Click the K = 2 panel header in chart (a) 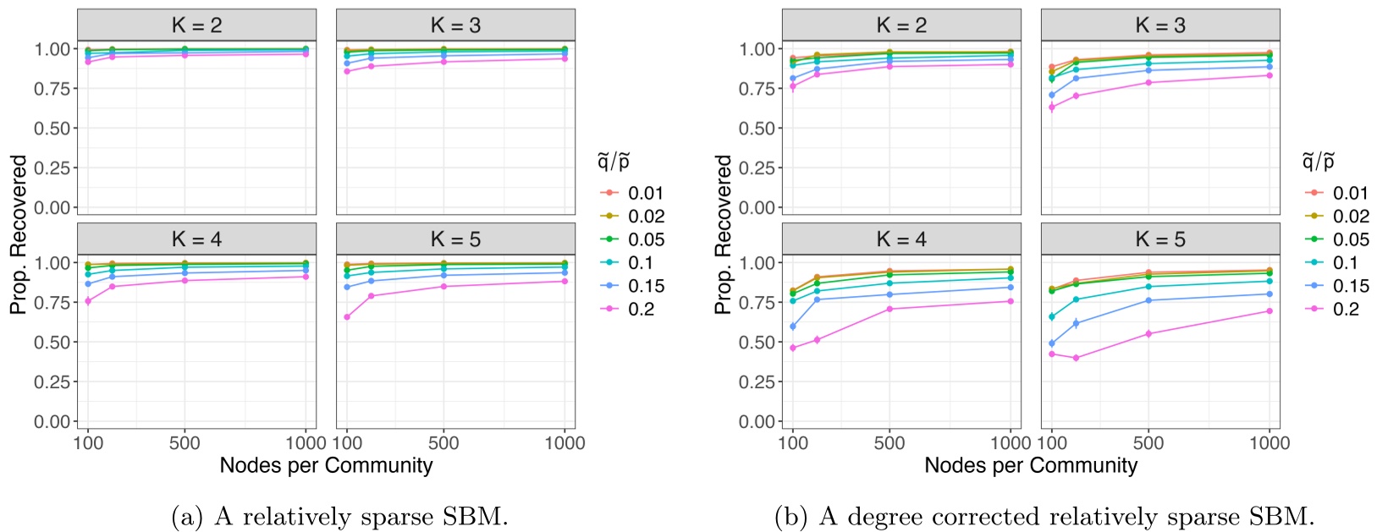coord(196,25)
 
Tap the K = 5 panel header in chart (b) coord(1159,239)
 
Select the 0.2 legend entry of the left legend coord(641,310)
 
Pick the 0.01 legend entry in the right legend coord(1351,194)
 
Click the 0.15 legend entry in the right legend coord(1351,287)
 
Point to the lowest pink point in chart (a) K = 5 coord(346,316)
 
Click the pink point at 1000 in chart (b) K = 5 coord(1269,310)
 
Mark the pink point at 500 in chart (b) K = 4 coord(889,309)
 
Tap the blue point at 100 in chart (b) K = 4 coord(792,326)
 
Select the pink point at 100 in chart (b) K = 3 coord(1052,107)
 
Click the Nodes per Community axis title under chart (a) coord(326,465)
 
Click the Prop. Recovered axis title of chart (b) coord(723,234)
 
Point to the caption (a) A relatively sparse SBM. coord(339,516)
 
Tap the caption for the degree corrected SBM coord(1044,516)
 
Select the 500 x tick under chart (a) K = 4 coord(185,443)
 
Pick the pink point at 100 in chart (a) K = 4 coord(88,301)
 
